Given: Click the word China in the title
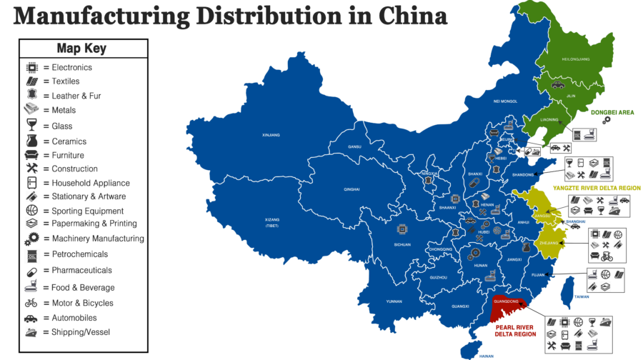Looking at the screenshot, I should [x=407, y=16].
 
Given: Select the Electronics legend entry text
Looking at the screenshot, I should [x=71, y=67].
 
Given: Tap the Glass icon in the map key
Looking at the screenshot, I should [x=31, y=126].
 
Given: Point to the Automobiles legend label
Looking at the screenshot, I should [x=74, y=318].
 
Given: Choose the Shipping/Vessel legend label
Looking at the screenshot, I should [x=81, y=332].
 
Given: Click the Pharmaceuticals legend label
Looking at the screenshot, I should [x=81, y=271].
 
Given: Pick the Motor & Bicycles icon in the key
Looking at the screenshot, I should [x=31, y=303].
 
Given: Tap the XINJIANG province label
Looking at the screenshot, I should [x=271, y=134].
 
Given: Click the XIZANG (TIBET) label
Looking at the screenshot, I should [x=271, y=222].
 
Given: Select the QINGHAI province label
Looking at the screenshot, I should [x=352, y=189].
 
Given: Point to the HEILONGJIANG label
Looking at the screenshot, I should [x=576, y=59].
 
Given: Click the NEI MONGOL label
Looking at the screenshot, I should [x=504, y=101].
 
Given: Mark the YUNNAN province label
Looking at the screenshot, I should [x=394, y=301].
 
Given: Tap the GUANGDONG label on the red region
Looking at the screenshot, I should [x=508, y=302].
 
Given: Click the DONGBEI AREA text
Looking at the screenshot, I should [x=612, y=112].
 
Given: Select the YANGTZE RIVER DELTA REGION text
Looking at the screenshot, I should [x=597, y=188].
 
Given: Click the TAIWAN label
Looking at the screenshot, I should [x=582, y=296].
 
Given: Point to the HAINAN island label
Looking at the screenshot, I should [x=487, y=356].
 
